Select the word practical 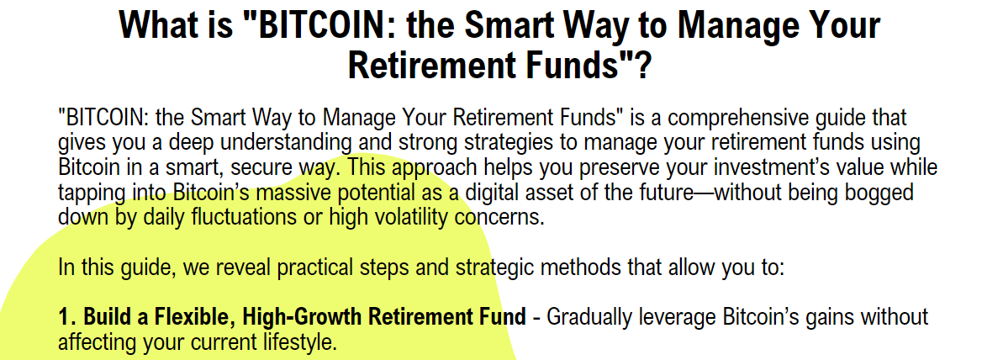(x=325, y=267)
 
